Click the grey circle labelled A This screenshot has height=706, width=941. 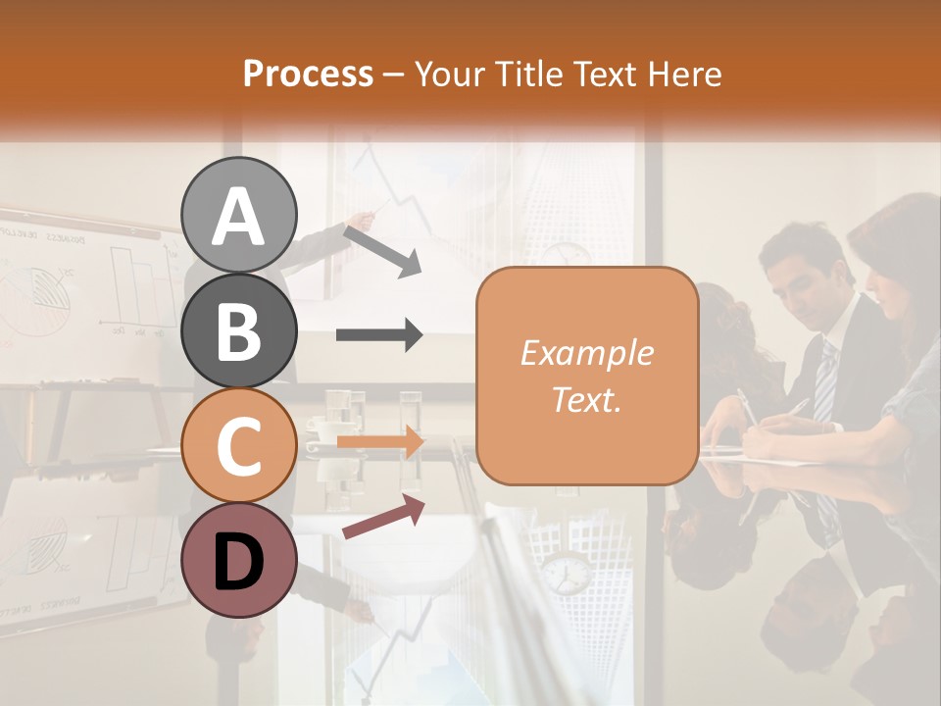point(239,216)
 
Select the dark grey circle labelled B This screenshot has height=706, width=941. point(239,331)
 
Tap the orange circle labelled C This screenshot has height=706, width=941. point(239,446)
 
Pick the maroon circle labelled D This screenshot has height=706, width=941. point(239,561)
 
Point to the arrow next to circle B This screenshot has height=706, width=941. point(379,335)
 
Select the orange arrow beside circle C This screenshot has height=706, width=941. point(379,442)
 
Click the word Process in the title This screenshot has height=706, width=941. point(308,74)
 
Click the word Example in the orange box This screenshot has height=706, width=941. point(586,353)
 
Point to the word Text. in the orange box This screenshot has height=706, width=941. point(586,399)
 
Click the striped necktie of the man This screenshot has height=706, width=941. point(826,383)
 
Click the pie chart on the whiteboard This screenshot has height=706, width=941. point(34,294)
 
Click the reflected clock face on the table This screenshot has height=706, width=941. point(566,574)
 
